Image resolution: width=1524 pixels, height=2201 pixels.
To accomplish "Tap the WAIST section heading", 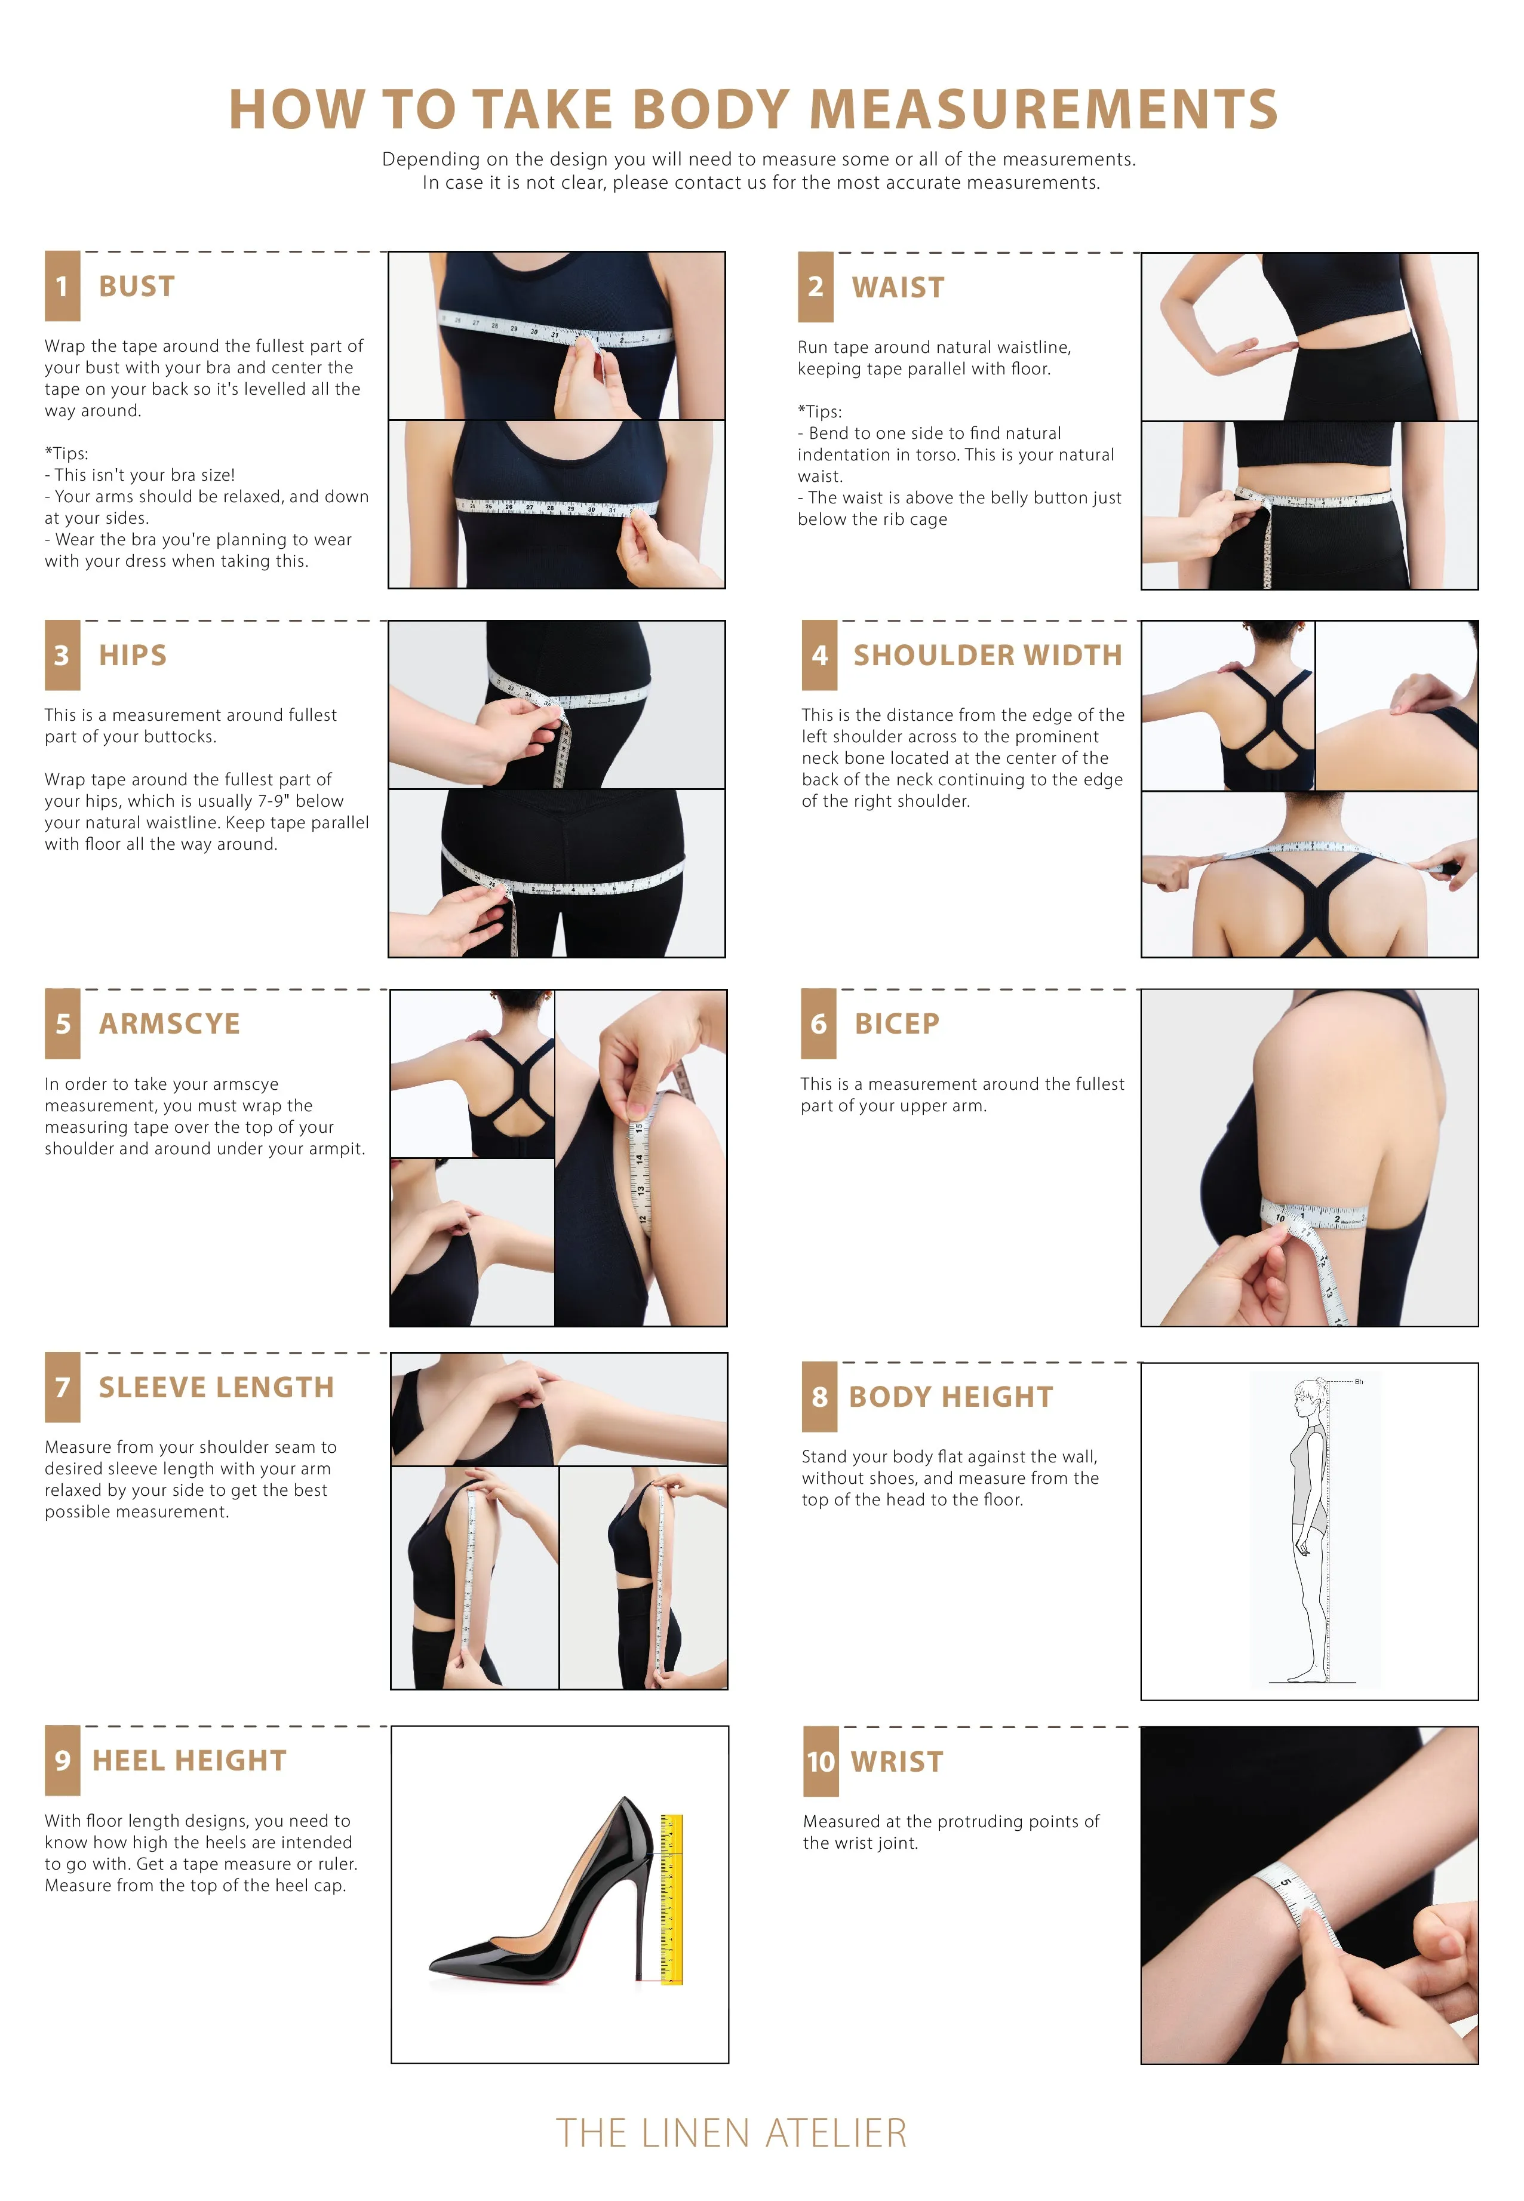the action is [898, 287].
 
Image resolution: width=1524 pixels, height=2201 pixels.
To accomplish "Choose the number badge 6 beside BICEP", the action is [818, 1023].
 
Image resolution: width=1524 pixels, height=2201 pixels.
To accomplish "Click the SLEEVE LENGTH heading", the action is [217, 1388].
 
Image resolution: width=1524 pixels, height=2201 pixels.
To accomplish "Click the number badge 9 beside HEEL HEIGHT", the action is [62, 1761].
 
